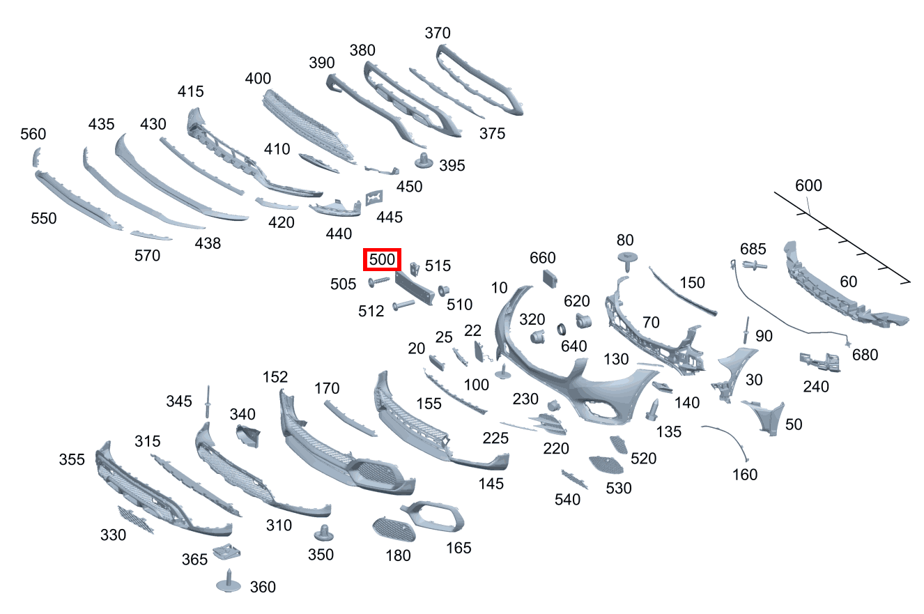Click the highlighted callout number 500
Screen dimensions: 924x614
[382, 259]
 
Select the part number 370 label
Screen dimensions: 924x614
[438, 33]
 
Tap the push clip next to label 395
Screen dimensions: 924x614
[424, 160]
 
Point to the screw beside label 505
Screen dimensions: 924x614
[378, 282]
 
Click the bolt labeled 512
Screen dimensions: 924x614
[403, 305]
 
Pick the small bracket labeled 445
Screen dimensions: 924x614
[374, 198]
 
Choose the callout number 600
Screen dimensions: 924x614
[808, 185]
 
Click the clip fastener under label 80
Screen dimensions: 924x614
[627, 261]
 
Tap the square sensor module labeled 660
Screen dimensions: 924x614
[550, 278]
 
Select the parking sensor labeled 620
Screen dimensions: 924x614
[584, 321]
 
